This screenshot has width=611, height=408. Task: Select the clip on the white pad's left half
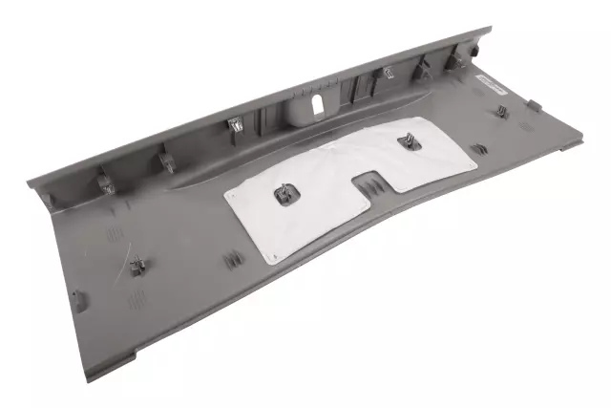(x=284, y=195)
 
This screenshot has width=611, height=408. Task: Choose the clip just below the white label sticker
(x=503, y=114)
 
